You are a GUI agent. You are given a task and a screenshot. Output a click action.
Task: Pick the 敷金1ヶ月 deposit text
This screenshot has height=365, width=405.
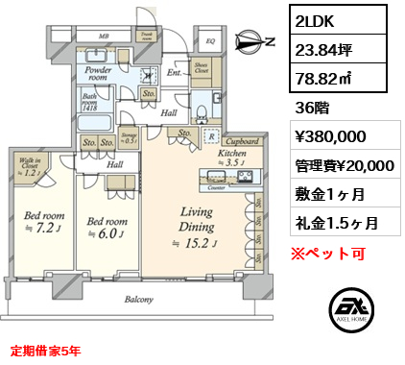coord(328,193)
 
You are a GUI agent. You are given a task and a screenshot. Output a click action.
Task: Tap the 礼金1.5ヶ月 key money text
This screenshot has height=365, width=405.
coord(335,222)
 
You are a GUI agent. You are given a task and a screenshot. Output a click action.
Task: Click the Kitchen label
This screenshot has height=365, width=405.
coord(232,153)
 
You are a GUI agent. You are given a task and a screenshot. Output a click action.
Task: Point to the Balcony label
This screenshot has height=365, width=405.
coord(138,300)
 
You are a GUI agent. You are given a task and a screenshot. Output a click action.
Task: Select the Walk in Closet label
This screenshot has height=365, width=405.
coord(28,167)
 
